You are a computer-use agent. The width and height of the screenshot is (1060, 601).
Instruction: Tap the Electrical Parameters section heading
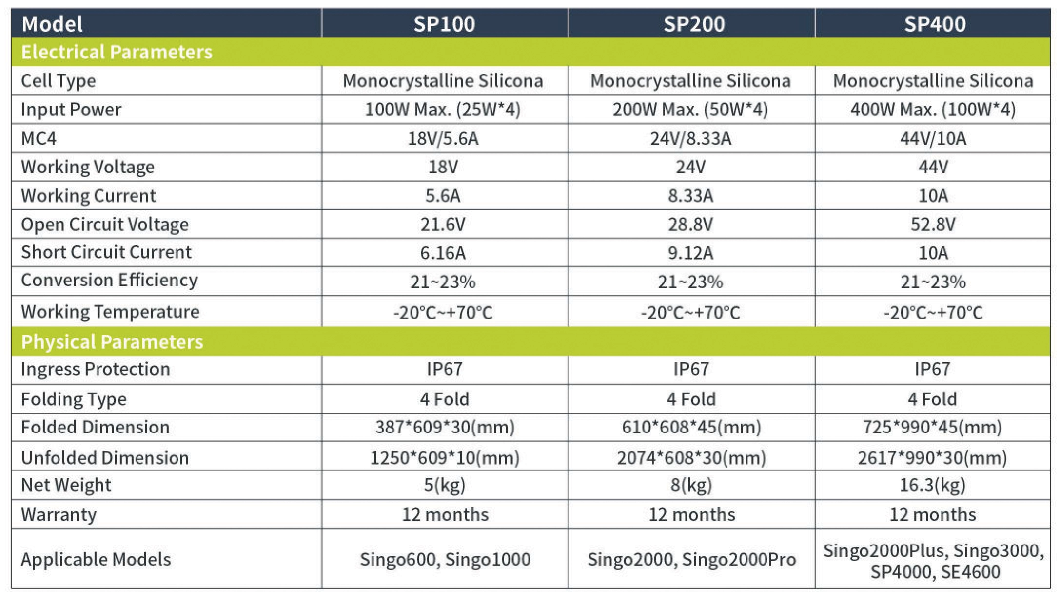[117, 52]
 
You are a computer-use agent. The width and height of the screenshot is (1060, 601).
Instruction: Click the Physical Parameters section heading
[112, 341]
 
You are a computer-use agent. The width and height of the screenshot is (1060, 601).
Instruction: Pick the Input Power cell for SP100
[443, 110]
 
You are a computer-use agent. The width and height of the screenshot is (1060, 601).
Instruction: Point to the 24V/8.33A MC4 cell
[690, 139]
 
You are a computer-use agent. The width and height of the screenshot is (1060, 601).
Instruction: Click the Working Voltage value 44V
[933, 167]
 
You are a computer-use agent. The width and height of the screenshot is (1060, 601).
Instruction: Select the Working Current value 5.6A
[443, 196]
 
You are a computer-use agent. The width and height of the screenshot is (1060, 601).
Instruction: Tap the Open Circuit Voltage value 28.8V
[690, 225]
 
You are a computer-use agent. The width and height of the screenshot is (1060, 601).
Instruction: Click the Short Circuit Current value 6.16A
[443, 253]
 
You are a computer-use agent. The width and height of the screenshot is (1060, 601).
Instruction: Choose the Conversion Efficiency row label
[110, 281]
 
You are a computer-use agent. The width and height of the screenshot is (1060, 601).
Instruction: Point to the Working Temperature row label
[110, 312]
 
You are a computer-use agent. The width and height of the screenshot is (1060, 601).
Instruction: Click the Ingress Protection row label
[96, 369]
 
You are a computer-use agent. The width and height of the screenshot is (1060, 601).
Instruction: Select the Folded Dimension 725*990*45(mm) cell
[932, 427]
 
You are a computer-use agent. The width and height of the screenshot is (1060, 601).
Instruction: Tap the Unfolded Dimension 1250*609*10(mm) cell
[445, 458]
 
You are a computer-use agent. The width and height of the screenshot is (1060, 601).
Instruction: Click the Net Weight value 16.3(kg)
[932, 485]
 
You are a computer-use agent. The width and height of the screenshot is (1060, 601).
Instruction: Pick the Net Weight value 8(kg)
[691, 485]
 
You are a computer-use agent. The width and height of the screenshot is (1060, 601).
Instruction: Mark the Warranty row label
[59, 515]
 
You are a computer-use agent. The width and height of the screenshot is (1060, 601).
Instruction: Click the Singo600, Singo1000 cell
[445, 560]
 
